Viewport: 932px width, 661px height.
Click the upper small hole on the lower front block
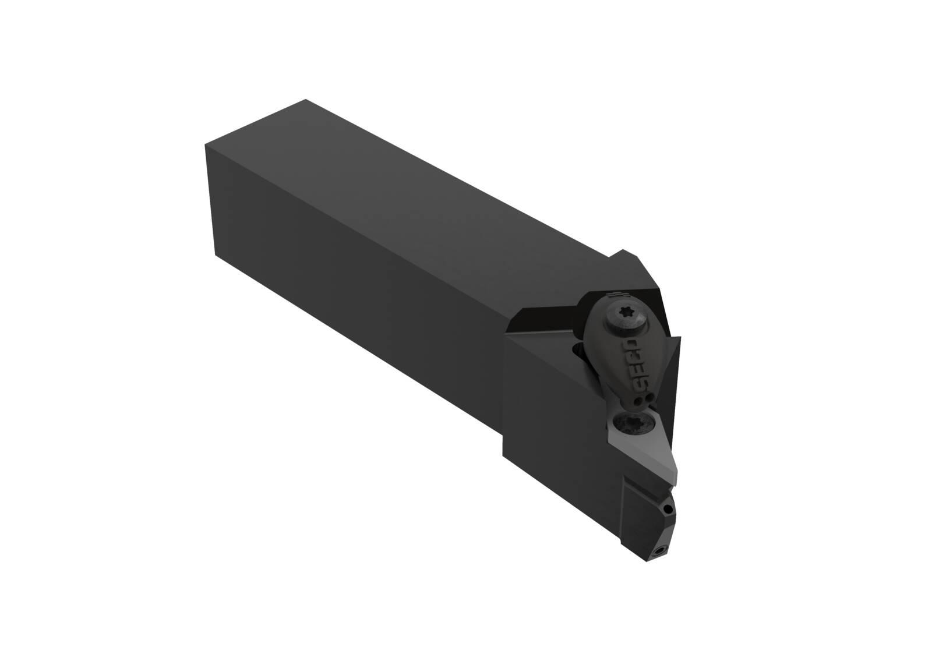(x=668, y=509)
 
